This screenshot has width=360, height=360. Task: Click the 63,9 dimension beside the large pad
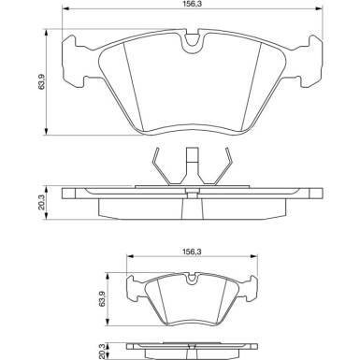pos(42,82)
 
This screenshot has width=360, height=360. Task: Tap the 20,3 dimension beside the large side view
pos(42,202)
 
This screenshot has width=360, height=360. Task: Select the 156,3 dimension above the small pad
pos(192,252)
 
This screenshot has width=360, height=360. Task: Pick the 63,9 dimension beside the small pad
pos(102,299)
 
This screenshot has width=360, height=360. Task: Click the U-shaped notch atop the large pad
pos(193,41)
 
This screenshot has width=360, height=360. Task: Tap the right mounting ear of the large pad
pos(310,61)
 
